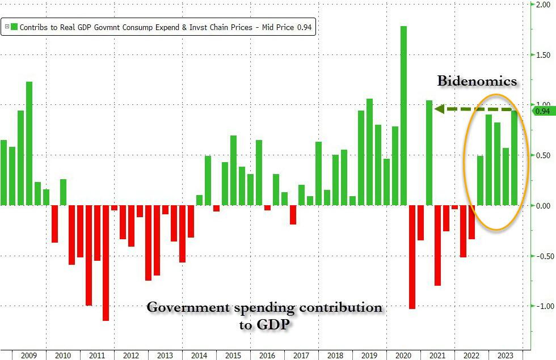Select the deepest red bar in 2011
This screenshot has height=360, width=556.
[x=106, y=263]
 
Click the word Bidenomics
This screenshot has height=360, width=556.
[x=477, y=81]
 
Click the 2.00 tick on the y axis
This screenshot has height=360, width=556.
[x=544, y=5]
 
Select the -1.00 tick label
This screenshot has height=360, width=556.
[x=544, y=306]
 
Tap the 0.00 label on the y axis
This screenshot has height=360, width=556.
[x=544, y=206]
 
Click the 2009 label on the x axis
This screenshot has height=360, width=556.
[x=28, y=355]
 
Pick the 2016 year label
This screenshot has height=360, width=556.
[x=267, y=355]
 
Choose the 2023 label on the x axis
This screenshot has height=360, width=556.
[x=506, y=355]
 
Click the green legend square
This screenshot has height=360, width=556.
[x=15, y=27]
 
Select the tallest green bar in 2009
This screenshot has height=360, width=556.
[x=29, y=143]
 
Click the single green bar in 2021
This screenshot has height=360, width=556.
[x=429, y=153]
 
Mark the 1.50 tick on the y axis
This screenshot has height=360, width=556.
[x=544, y=55]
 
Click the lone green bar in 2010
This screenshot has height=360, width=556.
[x=63, y=192]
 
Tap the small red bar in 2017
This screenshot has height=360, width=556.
[x=293, y=215]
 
